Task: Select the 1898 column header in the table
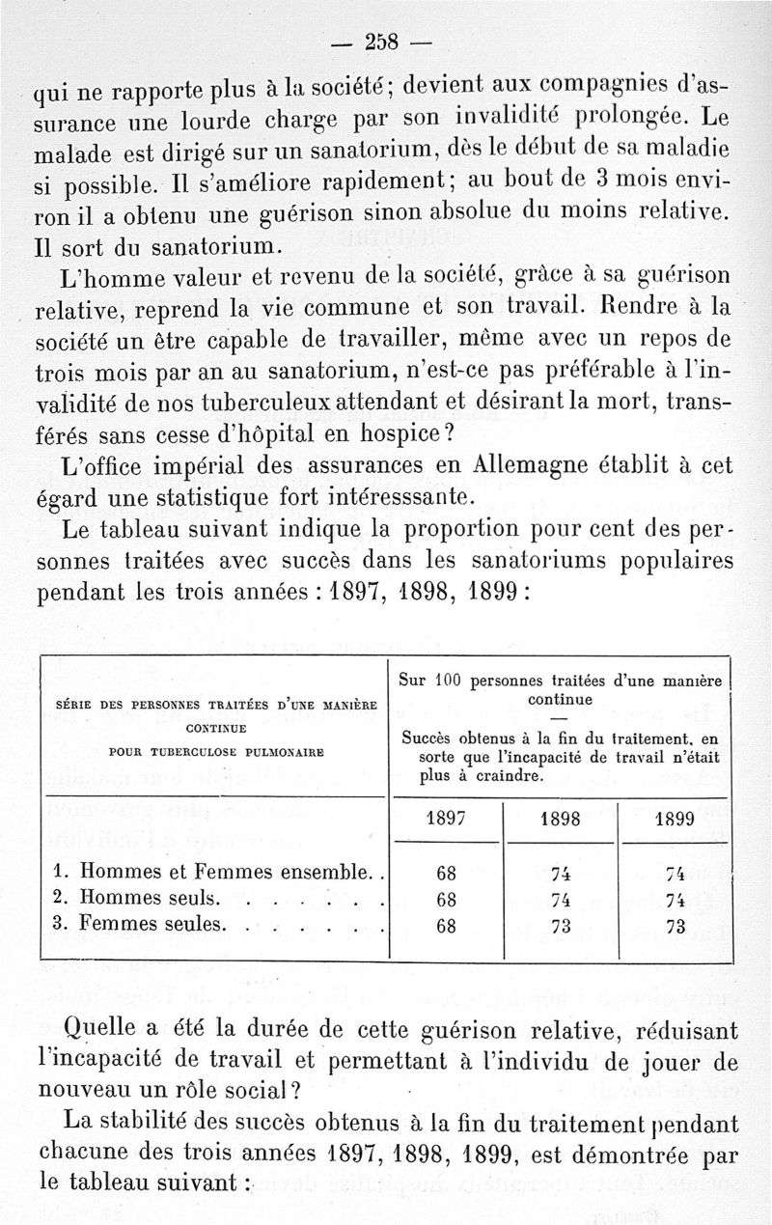pos(560,819)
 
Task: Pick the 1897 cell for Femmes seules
pos(446,926)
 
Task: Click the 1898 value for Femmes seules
pos(560,926)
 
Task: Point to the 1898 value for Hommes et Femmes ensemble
pos(560,875)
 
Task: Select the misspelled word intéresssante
pos(391,497)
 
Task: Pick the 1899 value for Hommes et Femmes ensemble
pos(675,875)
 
